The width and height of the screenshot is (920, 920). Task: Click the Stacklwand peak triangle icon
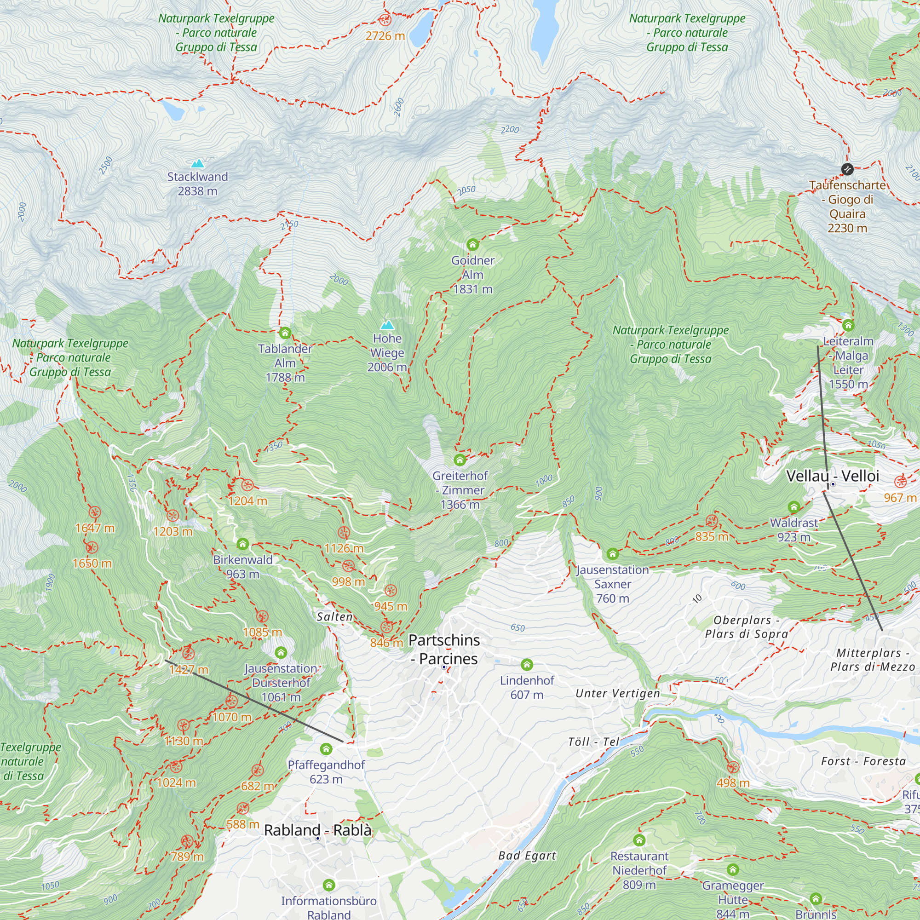coord(197,164)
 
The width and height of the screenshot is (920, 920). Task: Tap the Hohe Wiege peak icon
coord(387,325)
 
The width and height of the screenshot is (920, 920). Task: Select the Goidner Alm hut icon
coord(472,245)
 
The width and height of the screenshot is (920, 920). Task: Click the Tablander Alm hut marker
coord(285,333)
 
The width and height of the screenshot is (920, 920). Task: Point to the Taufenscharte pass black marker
coord(847,168)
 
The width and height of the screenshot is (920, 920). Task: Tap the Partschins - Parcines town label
coord(444,650)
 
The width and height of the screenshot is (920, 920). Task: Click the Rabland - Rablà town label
coord(317,830)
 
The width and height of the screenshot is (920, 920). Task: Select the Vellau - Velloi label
coord(833,476)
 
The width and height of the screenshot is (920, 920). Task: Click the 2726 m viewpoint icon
coord(385,20)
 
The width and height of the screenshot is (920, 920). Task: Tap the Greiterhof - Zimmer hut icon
coord(460,460)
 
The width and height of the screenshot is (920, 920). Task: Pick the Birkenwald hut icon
coord(243,544)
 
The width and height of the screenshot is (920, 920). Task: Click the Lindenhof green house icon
coord(527,664)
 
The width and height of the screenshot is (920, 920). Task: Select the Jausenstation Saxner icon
coord(612,554)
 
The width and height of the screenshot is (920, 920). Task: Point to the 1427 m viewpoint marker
coord(189,653)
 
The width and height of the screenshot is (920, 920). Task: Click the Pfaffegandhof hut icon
coord(326,749)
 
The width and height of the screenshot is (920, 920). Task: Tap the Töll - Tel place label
coord(594,742)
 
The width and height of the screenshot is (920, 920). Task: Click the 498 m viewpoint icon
coord(733,768)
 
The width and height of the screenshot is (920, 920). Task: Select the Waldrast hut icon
coord(794,506)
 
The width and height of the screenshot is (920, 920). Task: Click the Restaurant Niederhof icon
coord(639,840)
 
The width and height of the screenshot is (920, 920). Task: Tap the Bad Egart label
coord(527,856)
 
